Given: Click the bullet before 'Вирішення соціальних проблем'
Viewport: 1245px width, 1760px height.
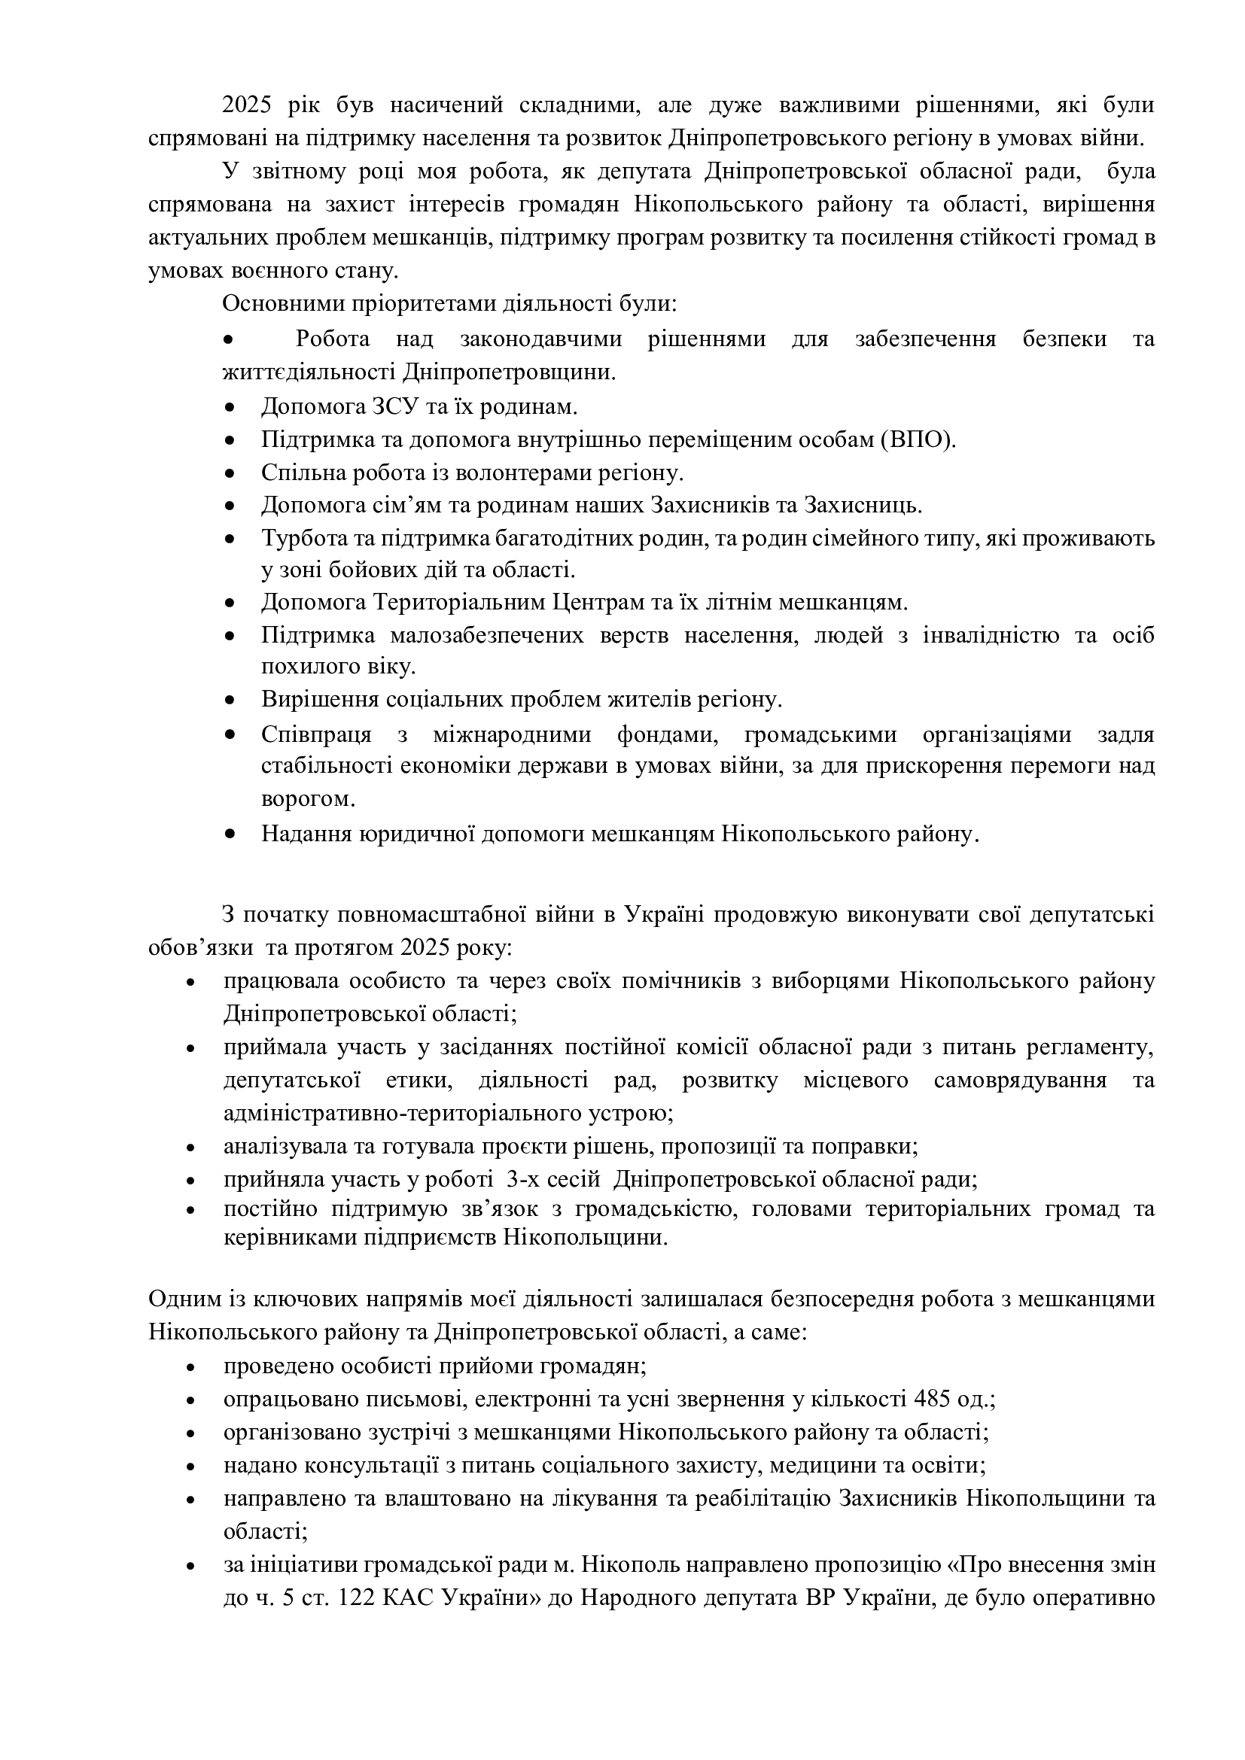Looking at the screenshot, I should point(230,701).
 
